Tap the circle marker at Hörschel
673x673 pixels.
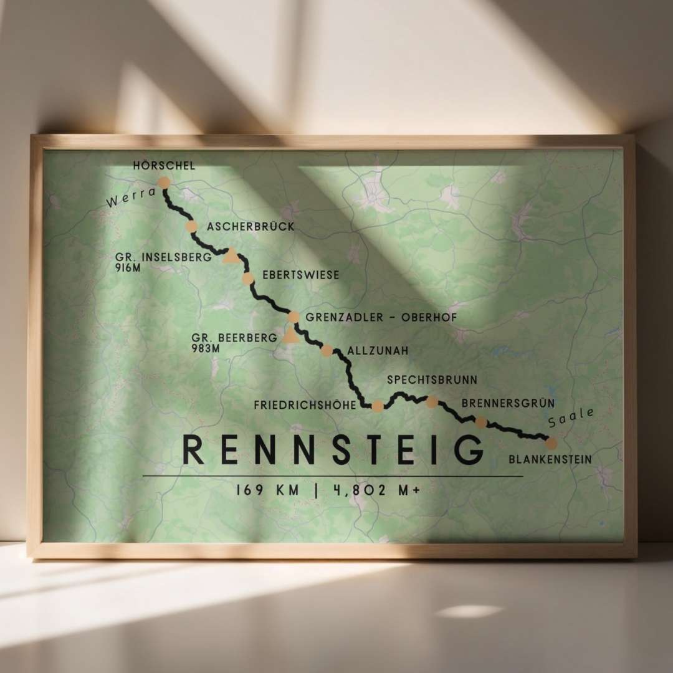[x=164, y=183]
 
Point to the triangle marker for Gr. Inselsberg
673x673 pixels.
[x=232, y=254]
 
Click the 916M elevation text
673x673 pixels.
[x=129, y=267]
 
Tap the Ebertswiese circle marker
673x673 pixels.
[x=248, y=279]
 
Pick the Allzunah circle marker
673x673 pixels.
[x=327, y=350]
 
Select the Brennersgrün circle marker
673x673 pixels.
[x=481, y=422]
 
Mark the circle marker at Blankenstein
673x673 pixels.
[x=551, y=444]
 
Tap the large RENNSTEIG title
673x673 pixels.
[x=333, y=450]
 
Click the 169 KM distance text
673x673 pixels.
[x=268, y=490]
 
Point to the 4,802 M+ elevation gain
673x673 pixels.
[x=375, y=490]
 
